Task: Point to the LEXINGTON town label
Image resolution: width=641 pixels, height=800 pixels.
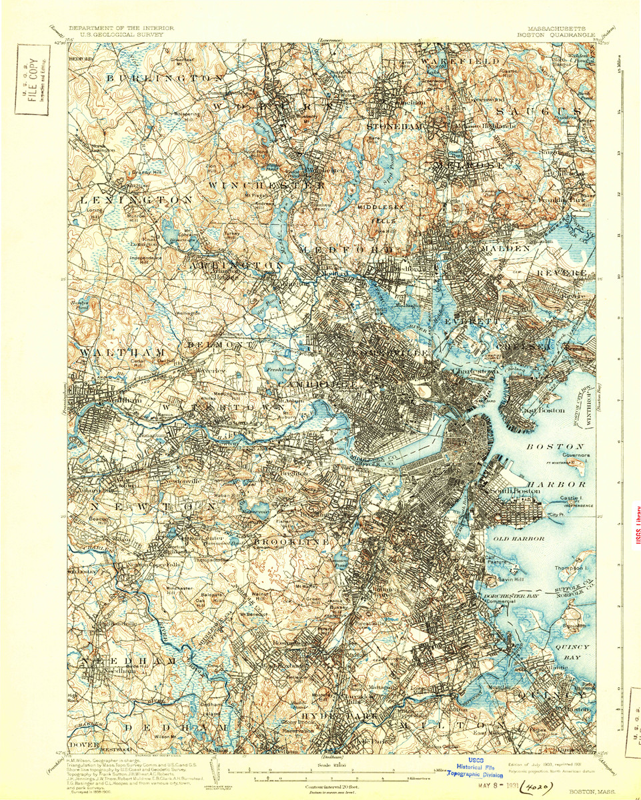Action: (136, 199)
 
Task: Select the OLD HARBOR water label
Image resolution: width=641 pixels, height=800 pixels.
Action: (519, 538)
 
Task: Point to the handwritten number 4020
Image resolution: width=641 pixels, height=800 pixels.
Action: (534, 787)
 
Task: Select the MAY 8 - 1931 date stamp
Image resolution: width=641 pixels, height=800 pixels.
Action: (490, 787)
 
